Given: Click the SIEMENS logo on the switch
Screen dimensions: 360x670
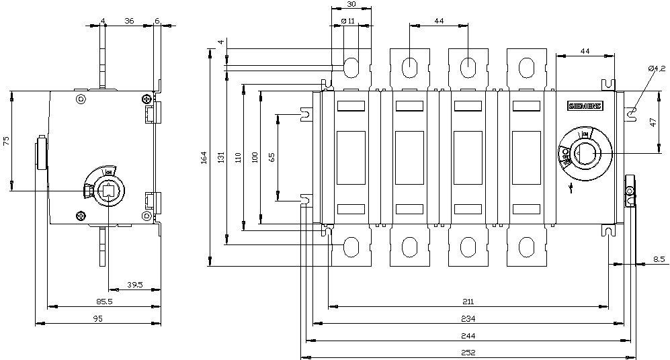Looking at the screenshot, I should pos(586,106).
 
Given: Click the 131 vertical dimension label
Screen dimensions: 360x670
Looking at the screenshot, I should pos(221,157).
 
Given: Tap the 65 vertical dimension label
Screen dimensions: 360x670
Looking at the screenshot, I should pos(271,157).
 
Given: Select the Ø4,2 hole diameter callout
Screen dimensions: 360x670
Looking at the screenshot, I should pos(657,69).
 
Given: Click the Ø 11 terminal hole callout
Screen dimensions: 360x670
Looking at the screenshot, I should pos(348,21).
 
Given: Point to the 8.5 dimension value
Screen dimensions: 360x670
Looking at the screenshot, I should pos(659,258).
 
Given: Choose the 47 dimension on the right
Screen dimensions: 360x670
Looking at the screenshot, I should pos(653,123).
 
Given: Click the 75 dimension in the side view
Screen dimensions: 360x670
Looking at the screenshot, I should pos(5,140).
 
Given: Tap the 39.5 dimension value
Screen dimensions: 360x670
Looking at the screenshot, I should pos(134,285).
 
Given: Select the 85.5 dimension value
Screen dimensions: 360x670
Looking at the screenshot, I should pos(103,302).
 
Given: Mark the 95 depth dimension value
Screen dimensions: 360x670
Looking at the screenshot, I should pos(98,319).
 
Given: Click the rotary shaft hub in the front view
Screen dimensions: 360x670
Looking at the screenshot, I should pos(584,153).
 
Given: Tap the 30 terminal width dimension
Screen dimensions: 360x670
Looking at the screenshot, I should pos(351,4).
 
